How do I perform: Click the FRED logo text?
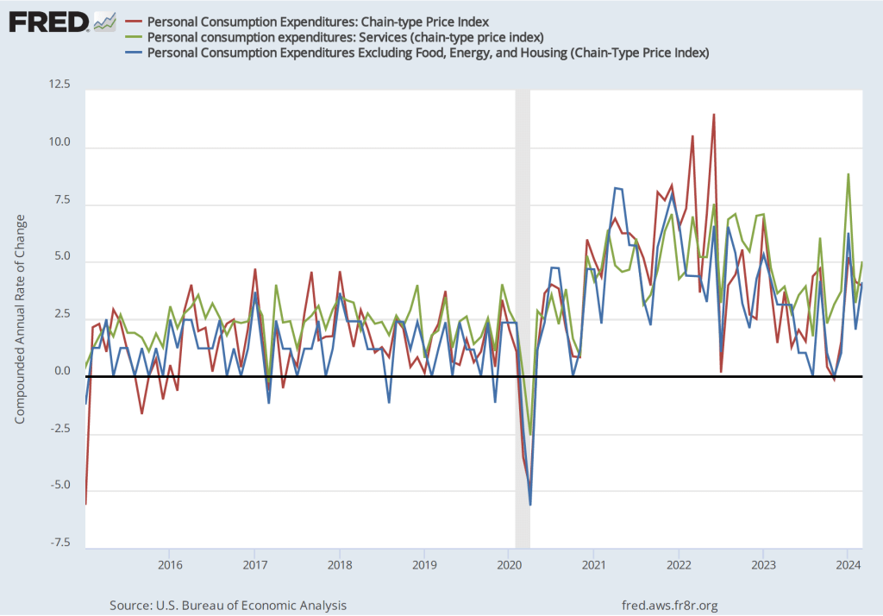pos(48,21)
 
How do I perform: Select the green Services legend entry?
pos(345,37)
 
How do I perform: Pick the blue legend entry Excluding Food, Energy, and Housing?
pos(428,53)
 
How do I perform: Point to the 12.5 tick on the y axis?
pos(61,85)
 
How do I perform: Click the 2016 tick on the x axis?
pos(169,566)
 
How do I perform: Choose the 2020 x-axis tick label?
pos(509,566)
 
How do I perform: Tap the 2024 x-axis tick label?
pos(849,566)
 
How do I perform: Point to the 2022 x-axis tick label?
pos(679,566)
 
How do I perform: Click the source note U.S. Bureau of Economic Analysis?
pos(229,605)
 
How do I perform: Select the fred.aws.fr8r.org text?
pos(669,605)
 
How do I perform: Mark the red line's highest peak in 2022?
pos(714,115)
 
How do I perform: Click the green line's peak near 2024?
pos(849,174)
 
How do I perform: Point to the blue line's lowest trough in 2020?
pos(530,505)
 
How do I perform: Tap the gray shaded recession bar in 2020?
pos(522,259)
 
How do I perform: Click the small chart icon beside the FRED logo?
pos(105,21)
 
